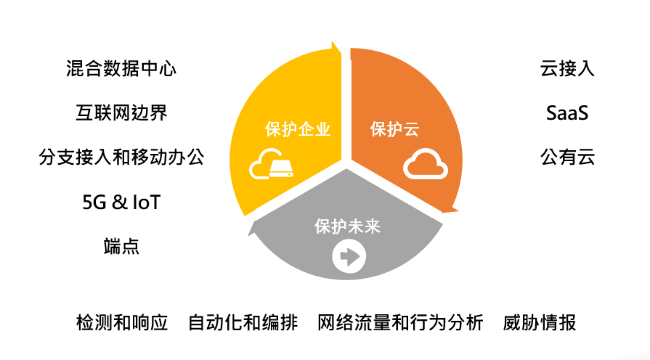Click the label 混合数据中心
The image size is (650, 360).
121,69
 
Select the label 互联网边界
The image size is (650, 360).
121,112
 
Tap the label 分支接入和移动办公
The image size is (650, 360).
121,157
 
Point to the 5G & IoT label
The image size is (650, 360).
121,202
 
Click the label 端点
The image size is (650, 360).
121,246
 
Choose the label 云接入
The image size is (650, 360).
567,69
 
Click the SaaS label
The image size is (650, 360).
567,112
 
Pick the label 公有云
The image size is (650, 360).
567,157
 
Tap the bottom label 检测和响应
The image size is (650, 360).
122,323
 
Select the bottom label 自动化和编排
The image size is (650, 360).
243,323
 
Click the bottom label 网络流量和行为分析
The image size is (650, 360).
400,323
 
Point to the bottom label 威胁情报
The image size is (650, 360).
540,323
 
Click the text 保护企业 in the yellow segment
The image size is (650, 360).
298,129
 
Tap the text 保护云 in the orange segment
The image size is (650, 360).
394,129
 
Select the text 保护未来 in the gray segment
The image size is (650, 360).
347,226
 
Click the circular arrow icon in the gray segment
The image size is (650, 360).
349,256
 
